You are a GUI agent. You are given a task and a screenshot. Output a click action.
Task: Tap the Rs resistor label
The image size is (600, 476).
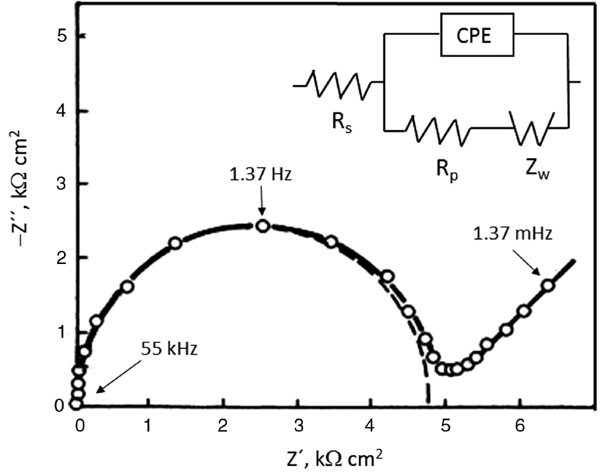[341, 121]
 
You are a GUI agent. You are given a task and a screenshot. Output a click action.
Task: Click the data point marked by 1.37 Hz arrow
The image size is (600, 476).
[263, 226]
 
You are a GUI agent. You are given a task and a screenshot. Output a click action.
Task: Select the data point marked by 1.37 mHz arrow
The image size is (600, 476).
[548, 286]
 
